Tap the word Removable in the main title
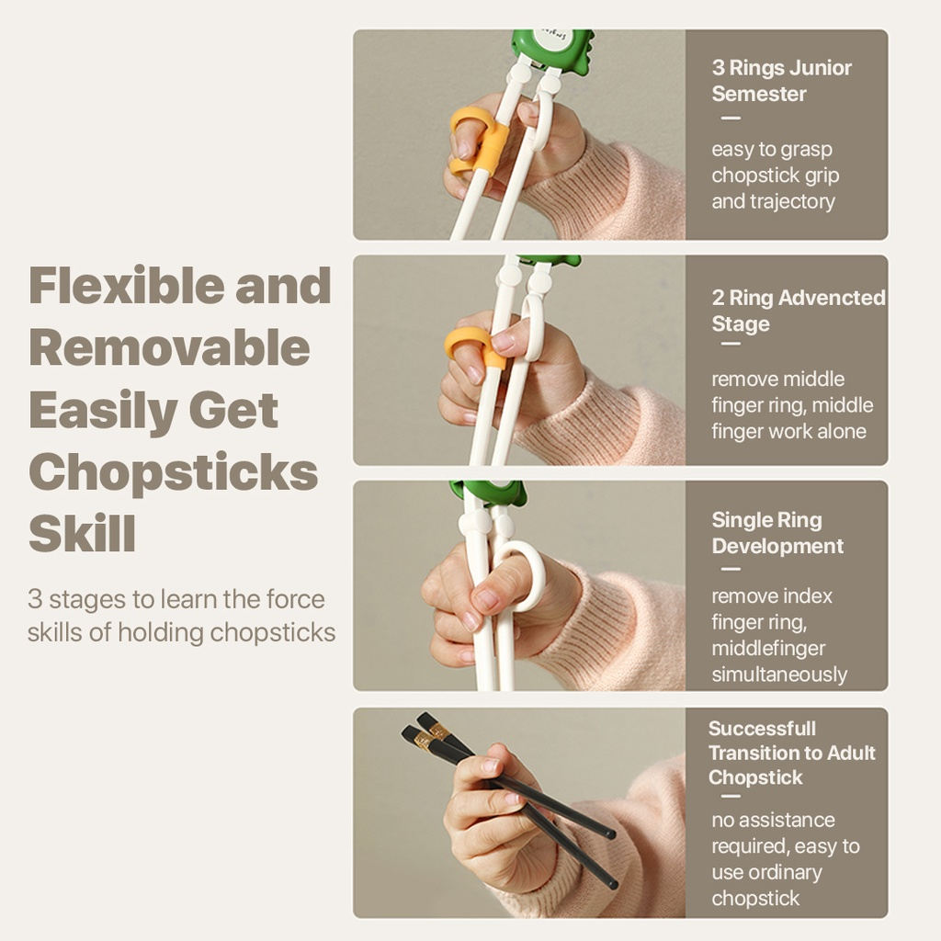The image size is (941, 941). (x=169, y=348)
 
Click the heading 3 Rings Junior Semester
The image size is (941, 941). (x=781, y=81)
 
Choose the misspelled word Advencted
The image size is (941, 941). (x=832, y=298)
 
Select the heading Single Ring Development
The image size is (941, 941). (x=777, y=533)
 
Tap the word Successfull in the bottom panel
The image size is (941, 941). (x=762, y=729)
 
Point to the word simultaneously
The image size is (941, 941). (x=779, y=675)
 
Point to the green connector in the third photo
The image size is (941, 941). (x=488, y=494)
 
